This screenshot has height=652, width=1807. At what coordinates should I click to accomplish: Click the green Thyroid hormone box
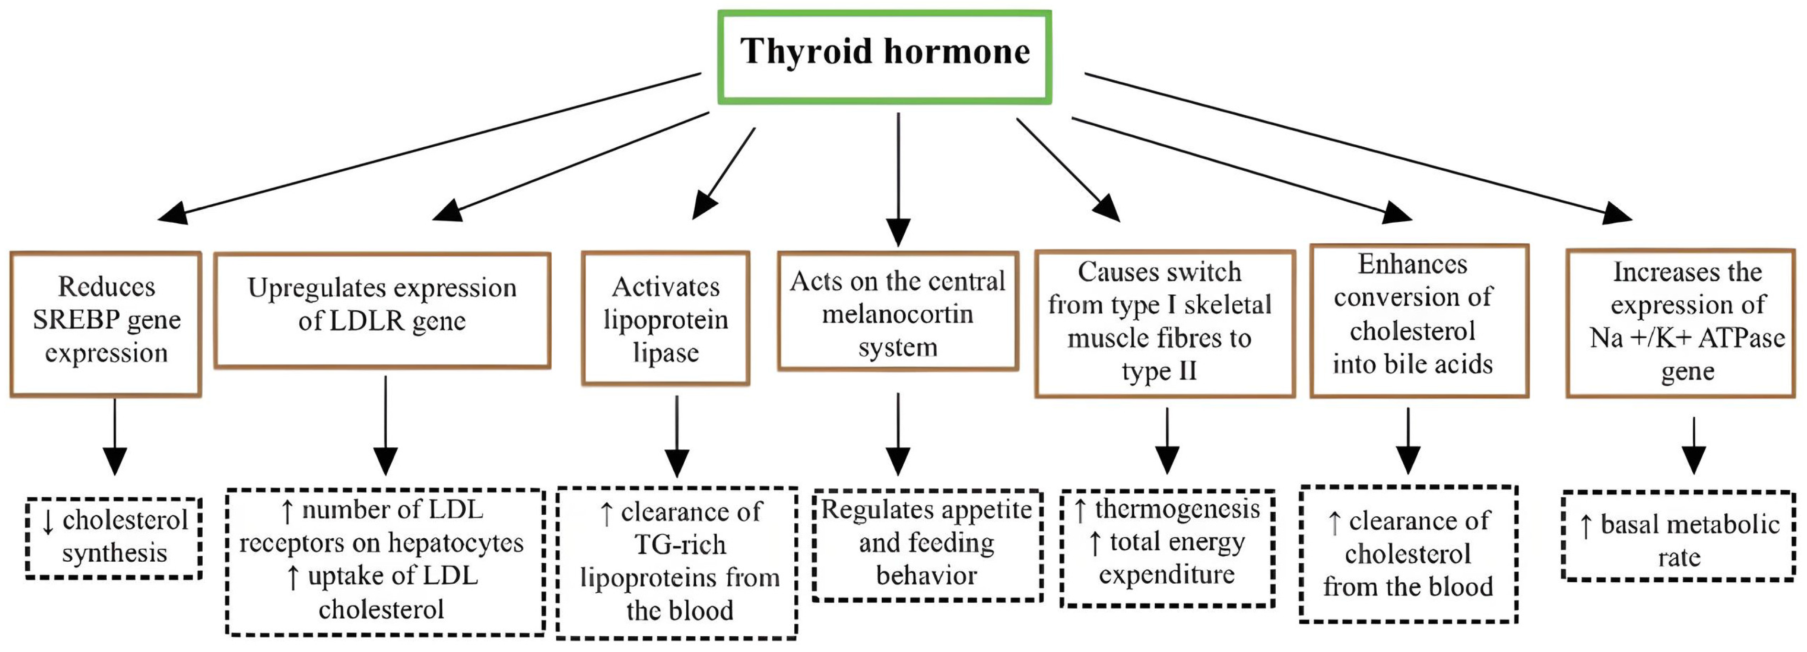coord(884,56)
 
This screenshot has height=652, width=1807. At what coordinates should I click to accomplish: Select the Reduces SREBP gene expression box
coord(106,324)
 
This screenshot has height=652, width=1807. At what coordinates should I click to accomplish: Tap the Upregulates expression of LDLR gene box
coord(383,310)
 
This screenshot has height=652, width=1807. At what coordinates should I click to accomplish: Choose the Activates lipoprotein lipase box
coord(666,318)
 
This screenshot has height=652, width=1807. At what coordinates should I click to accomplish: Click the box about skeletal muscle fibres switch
coord(1164,323)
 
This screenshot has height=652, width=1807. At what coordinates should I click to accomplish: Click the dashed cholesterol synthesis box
coord(114,538)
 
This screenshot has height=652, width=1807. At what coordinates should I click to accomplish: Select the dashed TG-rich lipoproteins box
coord(677,562)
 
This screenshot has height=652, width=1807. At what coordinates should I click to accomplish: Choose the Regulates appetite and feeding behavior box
coord(927,544)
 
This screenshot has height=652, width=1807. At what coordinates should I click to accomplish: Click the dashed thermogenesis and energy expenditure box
coord(1167,547)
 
